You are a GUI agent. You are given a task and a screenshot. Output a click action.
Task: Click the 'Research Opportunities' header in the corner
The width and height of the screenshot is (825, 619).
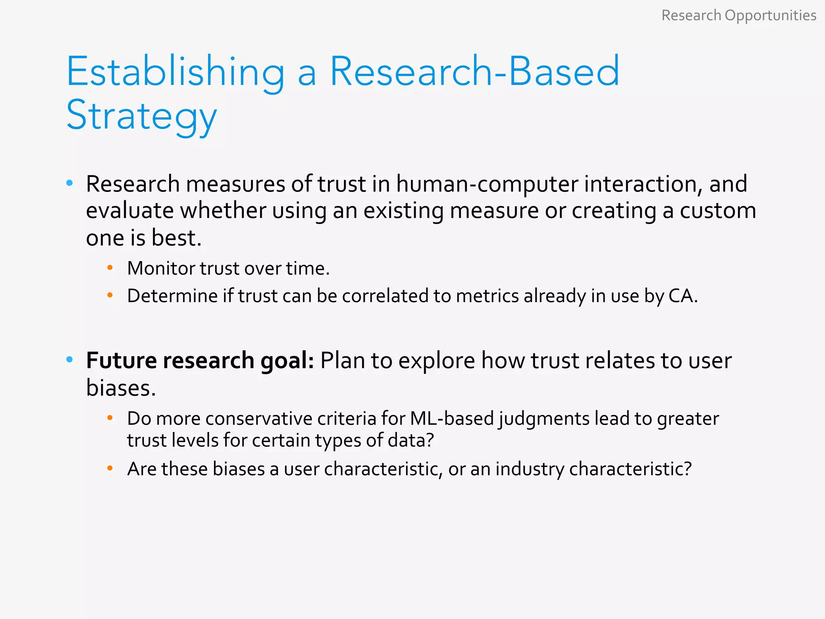click(x=738, y=16)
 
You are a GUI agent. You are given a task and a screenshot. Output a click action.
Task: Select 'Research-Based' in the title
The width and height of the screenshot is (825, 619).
click(x=474, y=72)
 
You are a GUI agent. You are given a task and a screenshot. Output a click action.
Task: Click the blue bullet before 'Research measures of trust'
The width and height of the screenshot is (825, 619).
click(x=70, y=183)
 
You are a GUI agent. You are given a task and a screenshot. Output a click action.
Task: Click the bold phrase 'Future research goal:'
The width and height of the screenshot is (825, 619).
click(x=200, y=360)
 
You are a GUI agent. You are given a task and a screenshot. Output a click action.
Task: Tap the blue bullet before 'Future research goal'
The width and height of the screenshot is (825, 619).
click(x=70, y=359)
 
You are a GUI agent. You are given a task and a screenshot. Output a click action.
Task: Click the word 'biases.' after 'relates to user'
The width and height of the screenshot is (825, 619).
click(x=121, y=388)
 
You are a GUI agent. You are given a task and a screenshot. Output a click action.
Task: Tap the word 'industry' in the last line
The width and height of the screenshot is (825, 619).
click(x=530, y=469)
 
